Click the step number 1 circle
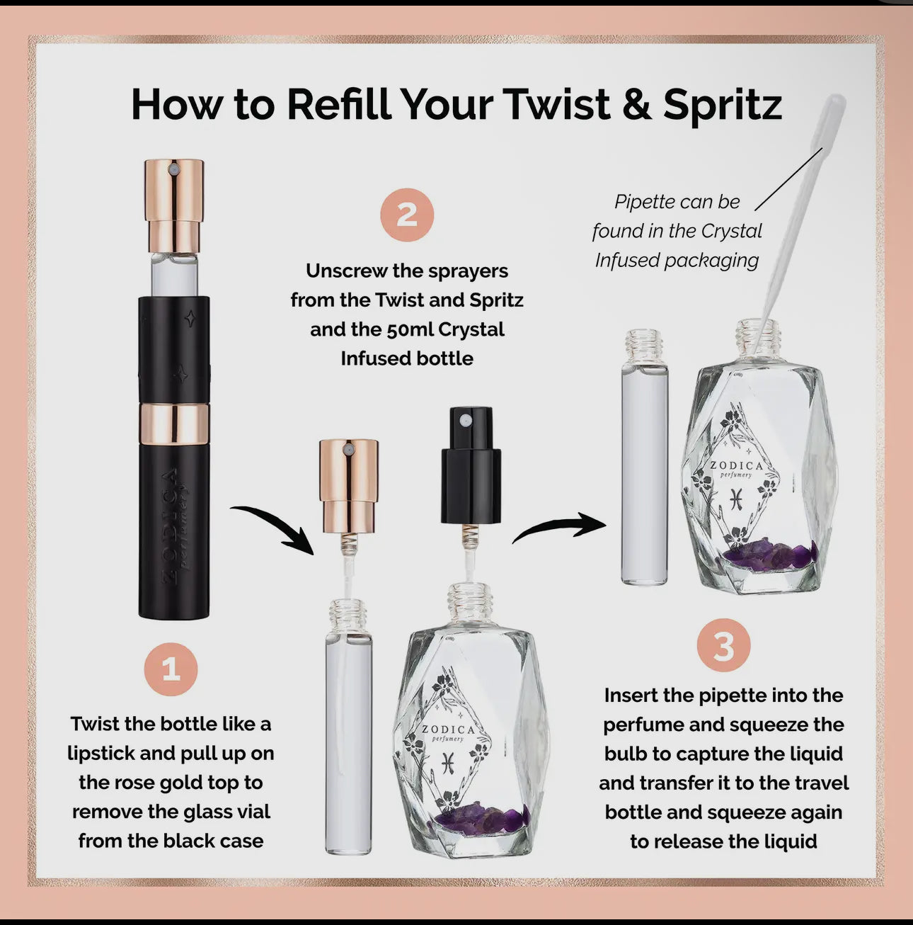pos(171,669)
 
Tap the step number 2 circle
pos(407,215)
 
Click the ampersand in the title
pos(637,104)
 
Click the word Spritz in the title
pos(723,106)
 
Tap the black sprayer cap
pos(471,465)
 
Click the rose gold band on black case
pos(174,424)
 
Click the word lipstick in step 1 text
pos(100,753)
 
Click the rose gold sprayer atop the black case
pos(174,205)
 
